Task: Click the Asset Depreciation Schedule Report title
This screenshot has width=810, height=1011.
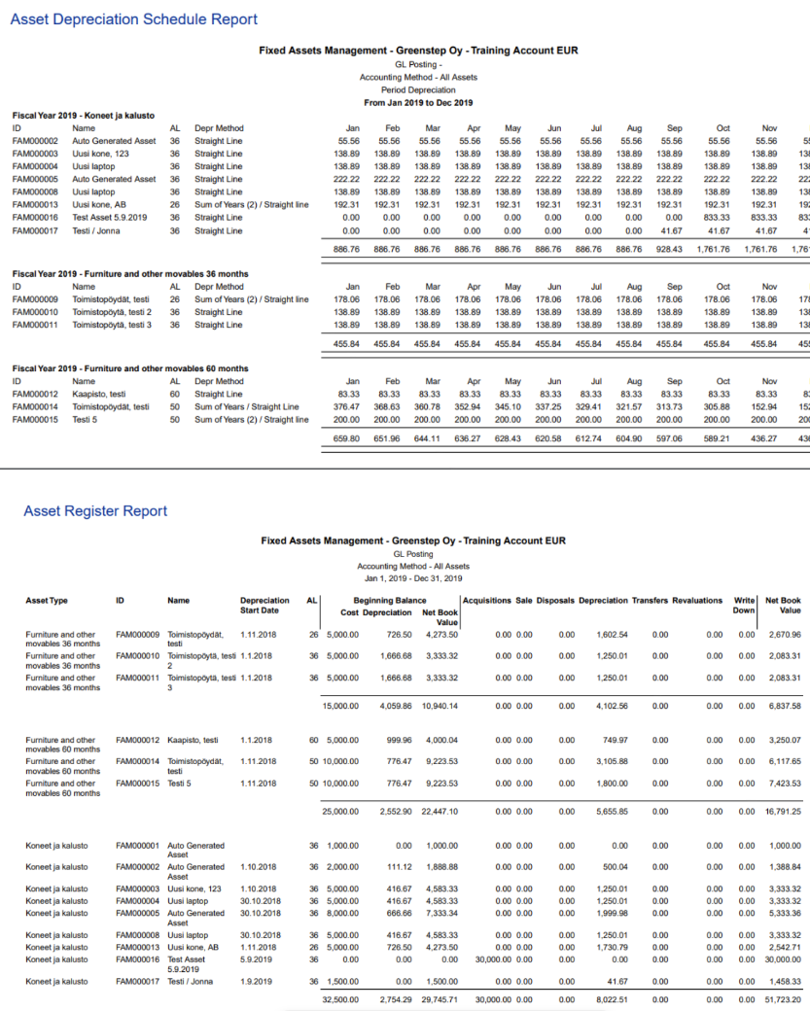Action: pyautogui.click(x=133, y=19)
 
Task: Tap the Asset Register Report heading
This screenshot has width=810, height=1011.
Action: pyautogui.click(x=95, y=511)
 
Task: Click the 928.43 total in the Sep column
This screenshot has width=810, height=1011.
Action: pyautogui.click(x=669, y=249)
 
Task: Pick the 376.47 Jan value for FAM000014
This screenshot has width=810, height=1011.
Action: pyautogui.click(x=346, y=407)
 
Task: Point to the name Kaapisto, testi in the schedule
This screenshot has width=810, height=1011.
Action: pyautogui.click(x=99, y=395)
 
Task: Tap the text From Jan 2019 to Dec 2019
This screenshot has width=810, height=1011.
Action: pyautogui.click(x=418, y=102)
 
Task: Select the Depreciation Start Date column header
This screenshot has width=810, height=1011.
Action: pyautogui.click(x=264, y=605)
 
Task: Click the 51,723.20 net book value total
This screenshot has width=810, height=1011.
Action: pyautogui.click(x=782, y=998)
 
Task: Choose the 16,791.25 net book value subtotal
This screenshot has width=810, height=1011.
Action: pyautogui.click(x=782, y=810)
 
